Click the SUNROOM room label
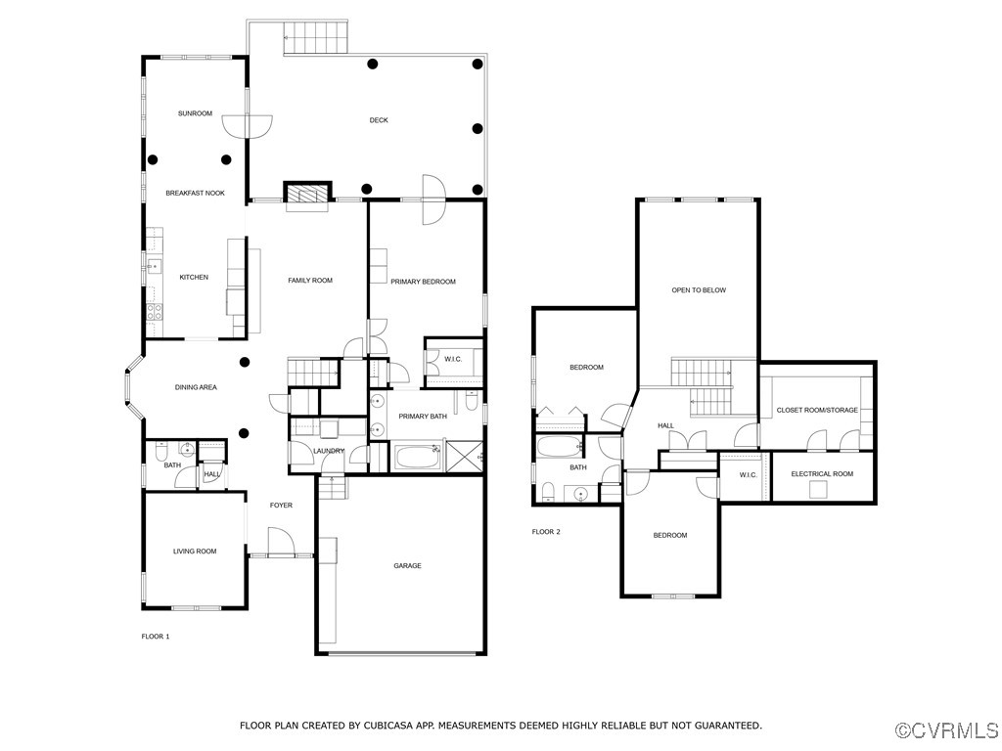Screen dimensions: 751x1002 pos(195,113)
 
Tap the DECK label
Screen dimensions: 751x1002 pos(379,120)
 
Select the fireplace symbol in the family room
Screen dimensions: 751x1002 pos(308,195)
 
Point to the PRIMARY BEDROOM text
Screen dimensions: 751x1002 pos(423,282)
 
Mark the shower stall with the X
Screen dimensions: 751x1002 pos(466,457)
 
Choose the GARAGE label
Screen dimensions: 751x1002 pos(407,565)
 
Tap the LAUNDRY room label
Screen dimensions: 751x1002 pos(329,451)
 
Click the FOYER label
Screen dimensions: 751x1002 pos(281,505)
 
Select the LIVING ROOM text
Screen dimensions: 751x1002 pos(195,552)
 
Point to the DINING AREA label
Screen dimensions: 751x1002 pos(196,387)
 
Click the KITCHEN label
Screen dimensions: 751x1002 pos(194,277)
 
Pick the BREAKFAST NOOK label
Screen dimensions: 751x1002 pos(195,193)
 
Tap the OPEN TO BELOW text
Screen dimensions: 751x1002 pos(699,290)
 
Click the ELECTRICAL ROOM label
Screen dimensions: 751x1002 pos(822,474)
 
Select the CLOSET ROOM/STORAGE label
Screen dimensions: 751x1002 pos(817,410)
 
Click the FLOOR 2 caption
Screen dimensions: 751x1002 pos(546,532)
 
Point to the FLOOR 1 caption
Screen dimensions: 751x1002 pos(156,637)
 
